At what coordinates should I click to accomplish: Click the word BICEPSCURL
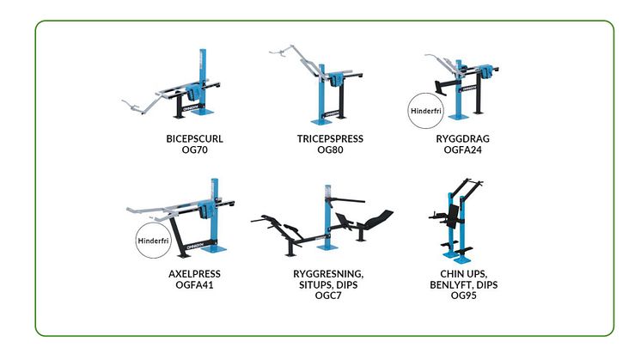[x=194, y=139]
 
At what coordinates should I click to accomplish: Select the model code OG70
[x=194, y=150]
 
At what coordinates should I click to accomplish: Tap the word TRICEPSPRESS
[x=330, y=139]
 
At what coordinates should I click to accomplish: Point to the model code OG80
[x=330, y=150]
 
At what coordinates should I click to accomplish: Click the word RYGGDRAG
[x=463, y=139]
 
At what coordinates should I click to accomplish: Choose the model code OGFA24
[x=463, y=150]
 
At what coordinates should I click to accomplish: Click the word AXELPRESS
[x=194, y=274]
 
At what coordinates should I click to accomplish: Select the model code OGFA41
[x=194, y=284]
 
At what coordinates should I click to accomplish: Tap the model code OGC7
[x=328, y=296]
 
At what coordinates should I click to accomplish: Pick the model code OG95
[x=464, y=296]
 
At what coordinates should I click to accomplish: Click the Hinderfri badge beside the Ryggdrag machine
[x=426, y=111]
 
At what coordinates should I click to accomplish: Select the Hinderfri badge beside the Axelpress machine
[x=153, y=241]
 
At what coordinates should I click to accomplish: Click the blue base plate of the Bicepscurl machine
[x=202, y=112]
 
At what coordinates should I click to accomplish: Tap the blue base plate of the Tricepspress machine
[x=321, y=121]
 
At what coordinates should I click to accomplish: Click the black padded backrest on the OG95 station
[x=453, y=217]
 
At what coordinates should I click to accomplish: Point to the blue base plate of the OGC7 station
[x=328, y=247]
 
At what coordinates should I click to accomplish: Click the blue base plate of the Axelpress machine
[x=214, y=248]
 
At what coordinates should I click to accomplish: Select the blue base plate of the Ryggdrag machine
[x=459, y=117]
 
